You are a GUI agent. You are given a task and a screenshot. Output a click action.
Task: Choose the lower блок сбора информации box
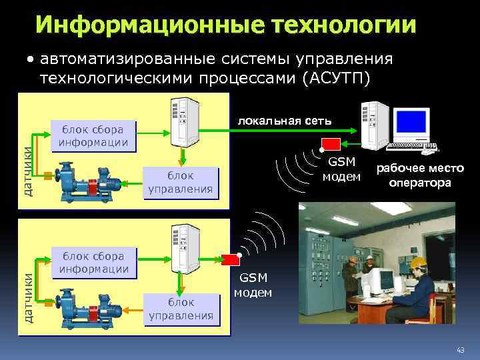93,262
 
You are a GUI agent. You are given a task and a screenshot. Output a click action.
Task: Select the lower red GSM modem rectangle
233,259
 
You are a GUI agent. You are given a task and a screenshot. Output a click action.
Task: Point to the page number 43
460,351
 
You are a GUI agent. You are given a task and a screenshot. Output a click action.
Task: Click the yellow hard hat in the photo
417,262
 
